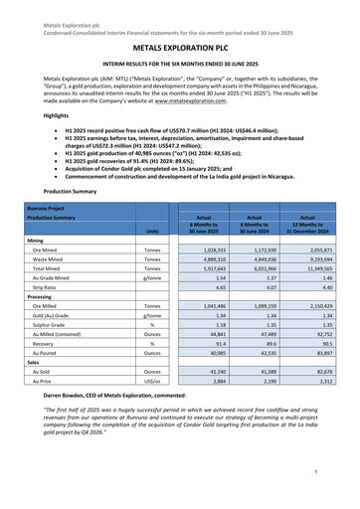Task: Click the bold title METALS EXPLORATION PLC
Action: pyautogui.click(x=179, y=46)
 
